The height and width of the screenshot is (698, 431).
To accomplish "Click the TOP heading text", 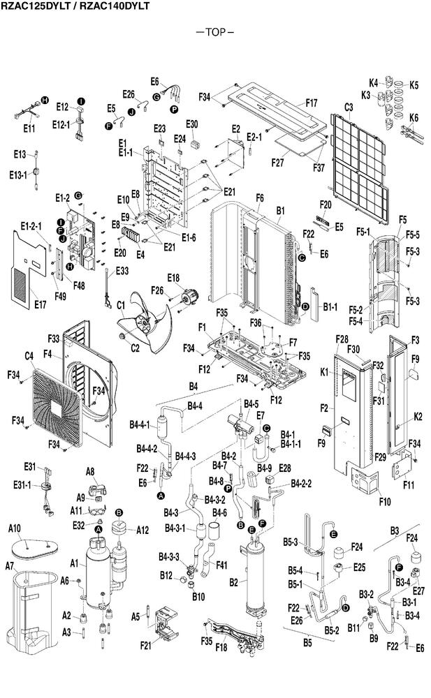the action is tap(215, 32).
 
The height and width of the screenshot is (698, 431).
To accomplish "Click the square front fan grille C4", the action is tap(57, 408).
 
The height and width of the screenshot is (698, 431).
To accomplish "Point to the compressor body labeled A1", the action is tap(98, 574).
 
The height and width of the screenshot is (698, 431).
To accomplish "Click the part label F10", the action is tap(385, 502).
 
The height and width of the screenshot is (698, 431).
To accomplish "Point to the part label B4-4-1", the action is tap(140, 424).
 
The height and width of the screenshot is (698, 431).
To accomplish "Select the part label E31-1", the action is tap(22, 485).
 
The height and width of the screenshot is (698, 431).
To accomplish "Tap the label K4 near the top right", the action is tap(374, 83).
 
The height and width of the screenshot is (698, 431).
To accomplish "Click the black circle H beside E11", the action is tap(45, 100).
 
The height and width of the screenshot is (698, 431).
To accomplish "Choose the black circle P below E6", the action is tap(174, 109).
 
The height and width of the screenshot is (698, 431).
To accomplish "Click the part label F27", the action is tap(278, 163).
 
